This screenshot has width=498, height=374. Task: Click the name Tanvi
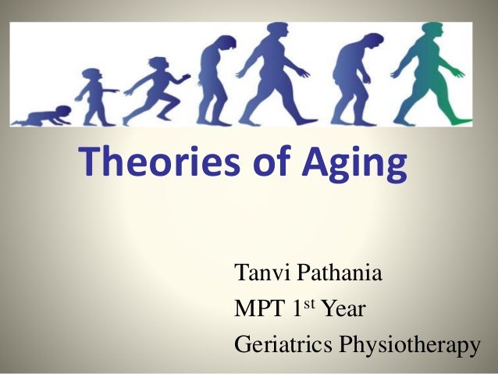click(x=263, y=276)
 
